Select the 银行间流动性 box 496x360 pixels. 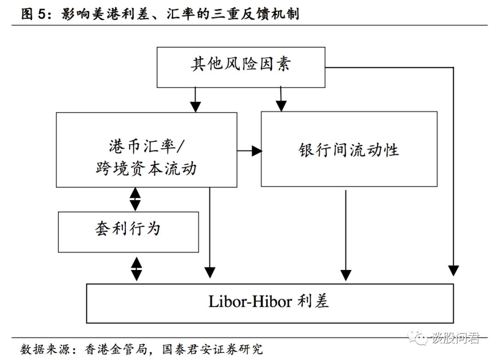349,149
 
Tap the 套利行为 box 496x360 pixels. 128,231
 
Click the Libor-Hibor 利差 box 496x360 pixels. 270,303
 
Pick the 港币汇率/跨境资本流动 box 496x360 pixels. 147,150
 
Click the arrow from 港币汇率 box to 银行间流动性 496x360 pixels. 249,150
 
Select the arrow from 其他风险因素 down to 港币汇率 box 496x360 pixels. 196,100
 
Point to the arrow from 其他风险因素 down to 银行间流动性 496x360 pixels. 280,100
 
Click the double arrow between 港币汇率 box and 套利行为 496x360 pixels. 135,199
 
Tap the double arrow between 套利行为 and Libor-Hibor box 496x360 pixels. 136,268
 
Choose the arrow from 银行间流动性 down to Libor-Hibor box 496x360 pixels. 346,234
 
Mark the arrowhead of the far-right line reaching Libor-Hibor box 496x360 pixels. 453,270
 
